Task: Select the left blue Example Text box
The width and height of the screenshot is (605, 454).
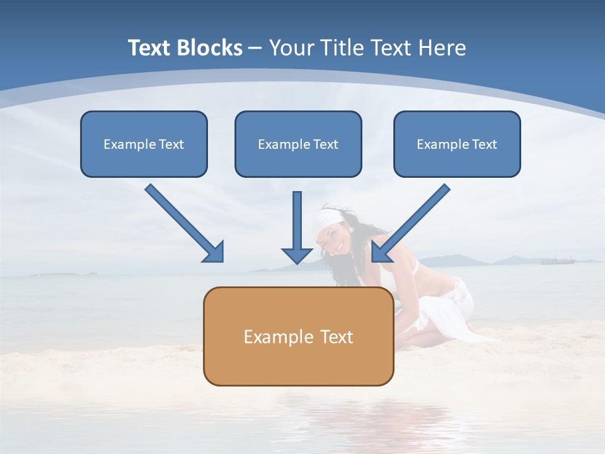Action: [144, 144]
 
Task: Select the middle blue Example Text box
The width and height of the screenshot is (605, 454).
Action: [298, 144]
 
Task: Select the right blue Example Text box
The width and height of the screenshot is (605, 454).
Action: [457, 144]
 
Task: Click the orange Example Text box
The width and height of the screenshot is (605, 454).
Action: [298, 336]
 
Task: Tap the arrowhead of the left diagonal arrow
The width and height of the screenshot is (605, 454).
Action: [214, 252]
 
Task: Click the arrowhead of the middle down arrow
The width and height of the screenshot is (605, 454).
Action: [297, 255]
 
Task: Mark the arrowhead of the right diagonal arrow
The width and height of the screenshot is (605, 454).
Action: [381, 252]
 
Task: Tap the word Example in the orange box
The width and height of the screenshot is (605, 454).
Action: [273, 337]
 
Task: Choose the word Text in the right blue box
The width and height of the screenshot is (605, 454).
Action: [484, 144]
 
